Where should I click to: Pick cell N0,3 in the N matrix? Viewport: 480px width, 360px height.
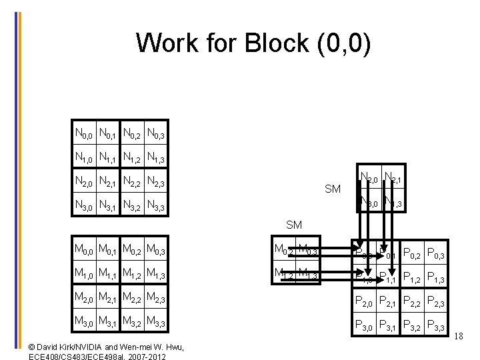pyautogui.click(x=156, y=134)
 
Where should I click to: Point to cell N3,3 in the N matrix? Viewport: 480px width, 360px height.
pyautogui.click(x=156, y=205)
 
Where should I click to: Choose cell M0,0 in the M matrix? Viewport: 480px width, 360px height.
pyautogui.click(x=83, y=251)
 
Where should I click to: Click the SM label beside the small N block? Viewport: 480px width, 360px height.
pyautogui.click(x=333, y=189)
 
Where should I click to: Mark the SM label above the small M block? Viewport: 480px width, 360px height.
pyautogui.click(x=294, y=225)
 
